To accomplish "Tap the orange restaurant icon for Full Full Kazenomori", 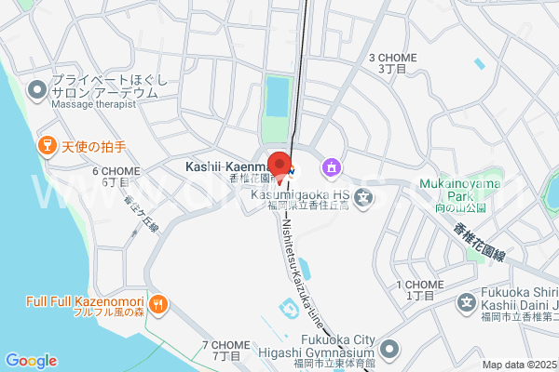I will point(158,303).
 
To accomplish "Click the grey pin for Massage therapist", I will point(37,90).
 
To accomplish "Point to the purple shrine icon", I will point(330,168).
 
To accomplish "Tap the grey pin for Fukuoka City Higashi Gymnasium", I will point(389,350).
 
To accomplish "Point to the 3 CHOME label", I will point(392,62).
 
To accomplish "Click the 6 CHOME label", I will point(116,177).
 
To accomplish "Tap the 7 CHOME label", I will point(225,350).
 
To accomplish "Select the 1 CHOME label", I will point(419,289).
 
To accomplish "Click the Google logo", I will point(31,361).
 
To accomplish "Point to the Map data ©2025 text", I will point(518,365).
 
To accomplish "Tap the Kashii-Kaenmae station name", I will point(225,166).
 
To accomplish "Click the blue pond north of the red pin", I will point(278,95).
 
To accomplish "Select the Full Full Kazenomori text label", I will point(85,303).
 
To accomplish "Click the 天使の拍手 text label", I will point(93,147).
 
